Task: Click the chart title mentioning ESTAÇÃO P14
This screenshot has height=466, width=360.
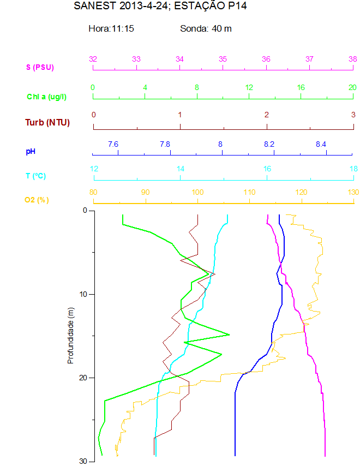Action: [156, 7]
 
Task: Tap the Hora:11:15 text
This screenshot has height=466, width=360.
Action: [111, 28]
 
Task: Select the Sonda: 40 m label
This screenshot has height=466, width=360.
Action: [206, 28]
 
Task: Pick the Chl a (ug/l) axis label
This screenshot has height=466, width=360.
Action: [47, 97]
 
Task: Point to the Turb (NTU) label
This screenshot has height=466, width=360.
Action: [47, 122]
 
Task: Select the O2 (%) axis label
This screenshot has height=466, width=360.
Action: [37, 200]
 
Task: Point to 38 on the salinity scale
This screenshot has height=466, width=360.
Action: [353, 59]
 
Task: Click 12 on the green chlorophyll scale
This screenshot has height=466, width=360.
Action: [249, 87]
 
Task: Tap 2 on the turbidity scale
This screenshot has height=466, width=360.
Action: [267, 115]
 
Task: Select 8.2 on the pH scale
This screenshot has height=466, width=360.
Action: [269, 144]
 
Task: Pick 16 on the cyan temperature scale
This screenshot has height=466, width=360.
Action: [267, 169]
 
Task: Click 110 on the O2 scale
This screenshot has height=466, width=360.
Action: [249, 192]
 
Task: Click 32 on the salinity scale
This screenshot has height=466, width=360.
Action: [93, 59]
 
